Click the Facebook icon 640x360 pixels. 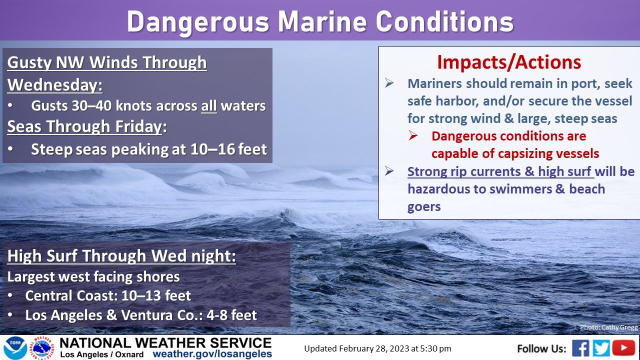tap(580, 348)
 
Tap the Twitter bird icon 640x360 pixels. tap(601, 348)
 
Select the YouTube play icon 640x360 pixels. tap(623, 347)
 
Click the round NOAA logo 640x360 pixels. tap(15, 348)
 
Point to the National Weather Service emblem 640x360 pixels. tap(43, 348)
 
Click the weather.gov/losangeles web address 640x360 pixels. tap(212, 353)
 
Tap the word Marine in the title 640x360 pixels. tap(322, 22)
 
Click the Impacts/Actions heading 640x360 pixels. tap(509, 62)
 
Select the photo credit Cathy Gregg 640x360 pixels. tap(608, 327)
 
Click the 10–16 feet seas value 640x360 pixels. tap(228, 149)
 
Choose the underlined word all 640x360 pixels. tap(208, 106)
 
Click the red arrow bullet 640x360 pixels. tap(413, 135)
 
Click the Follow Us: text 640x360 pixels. tap(541, 348)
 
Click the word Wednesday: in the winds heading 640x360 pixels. tap(55, 85)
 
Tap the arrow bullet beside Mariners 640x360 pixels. tap(389, 83)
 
